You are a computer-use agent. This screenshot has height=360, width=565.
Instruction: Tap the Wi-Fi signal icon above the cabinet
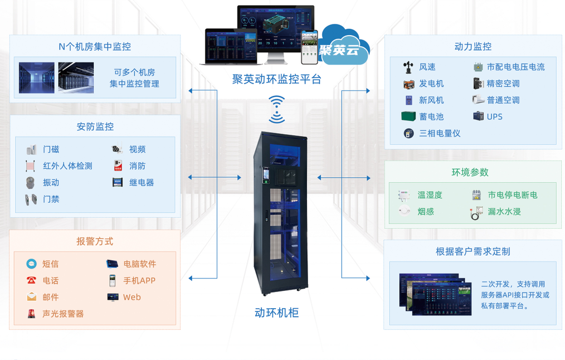[x=276, y=109]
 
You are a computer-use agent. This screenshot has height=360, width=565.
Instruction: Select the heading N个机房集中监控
[x=95, y=47]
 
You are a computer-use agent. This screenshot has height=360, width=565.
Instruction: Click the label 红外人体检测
[x=67, y=166]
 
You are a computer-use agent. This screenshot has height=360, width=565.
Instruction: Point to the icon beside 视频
[x=117, y=149]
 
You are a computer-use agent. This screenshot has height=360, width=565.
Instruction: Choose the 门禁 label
[x=51, y=199]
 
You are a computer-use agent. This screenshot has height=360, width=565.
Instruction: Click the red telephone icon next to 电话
[x=31, y=281]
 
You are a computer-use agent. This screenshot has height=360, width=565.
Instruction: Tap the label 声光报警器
[x=63, y=314]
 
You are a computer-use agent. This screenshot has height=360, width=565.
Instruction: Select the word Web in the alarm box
[x=132, y=298]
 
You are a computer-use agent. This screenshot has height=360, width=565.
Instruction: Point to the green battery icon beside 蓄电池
[x=408, y=116]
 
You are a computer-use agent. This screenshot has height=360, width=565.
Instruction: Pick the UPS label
[x=495, y=117]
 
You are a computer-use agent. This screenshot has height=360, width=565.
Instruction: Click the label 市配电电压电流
[x=515, y=67]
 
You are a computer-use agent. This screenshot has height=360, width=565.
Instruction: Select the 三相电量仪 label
[x=440, y=134]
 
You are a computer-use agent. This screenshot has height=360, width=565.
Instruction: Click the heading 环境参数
[x=470, y=172]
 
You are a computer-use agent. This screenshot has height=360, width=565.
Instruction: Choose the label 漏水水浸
[x=504, y=212]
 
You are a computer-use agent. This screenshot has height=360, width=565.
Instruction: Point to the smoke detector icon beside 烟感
[x=405, y=211]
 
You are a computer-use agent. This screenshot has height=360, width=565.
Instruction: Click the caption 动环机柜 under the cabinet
[x=277, y=313]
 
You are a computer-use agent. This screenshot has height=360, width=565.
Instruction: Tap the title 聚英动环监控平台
[x=277, y=80]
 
